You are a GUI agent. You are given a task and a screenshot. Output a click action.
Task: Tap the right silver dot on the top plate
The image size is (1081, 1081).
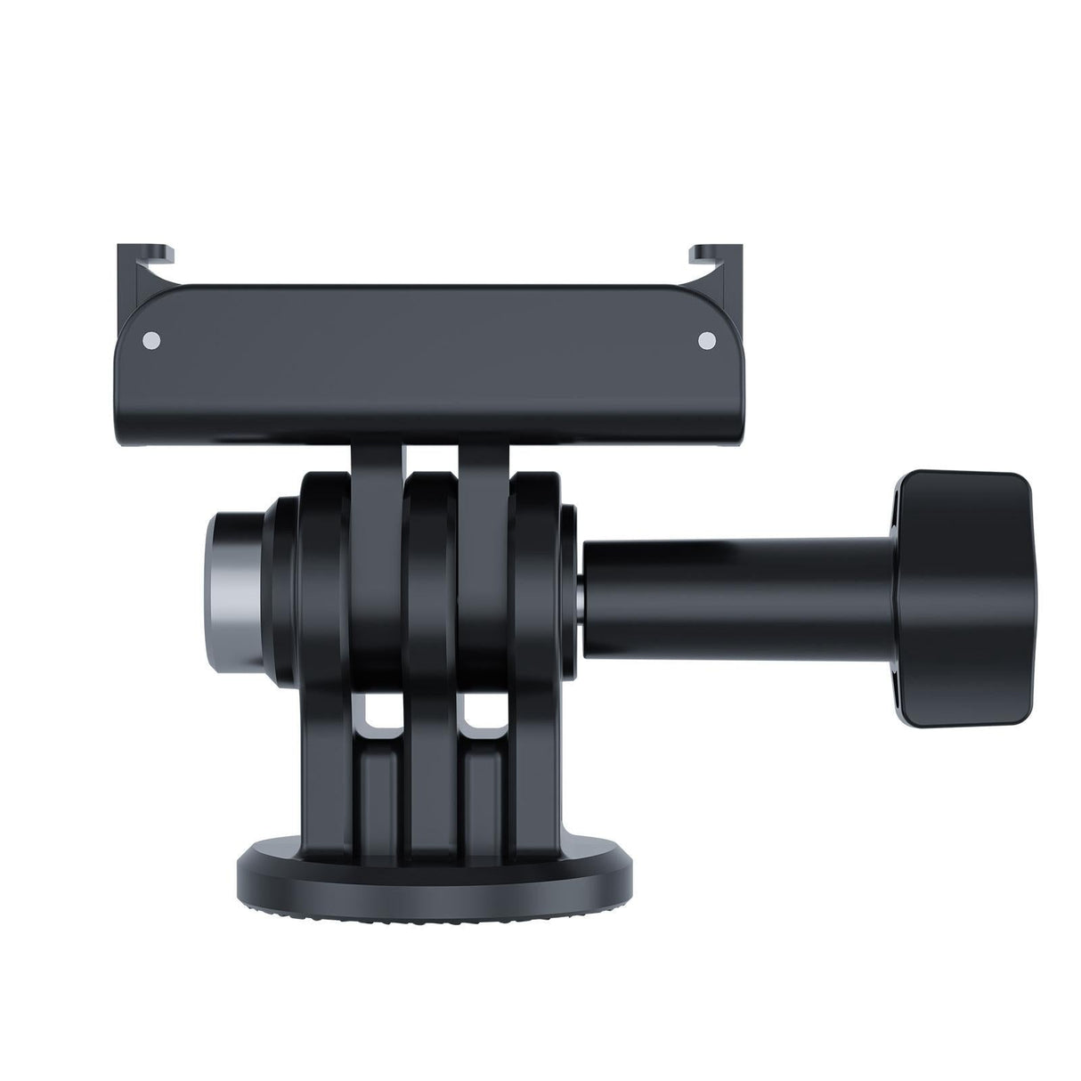click(x=707, y=339)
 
